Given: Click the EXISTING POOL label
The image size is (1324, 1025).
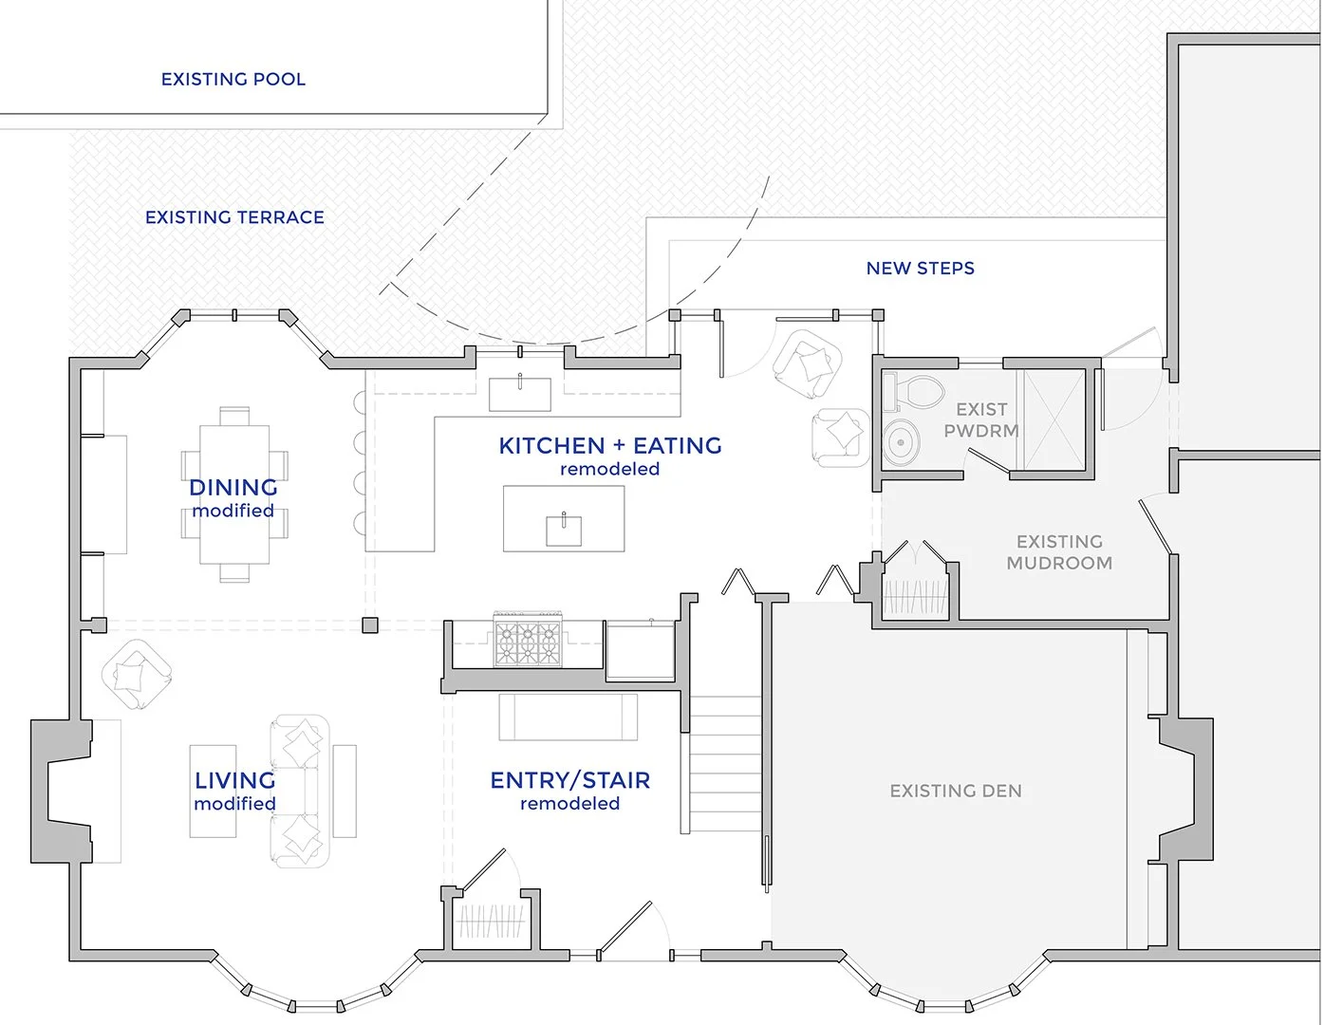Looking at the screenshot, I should point(233,80).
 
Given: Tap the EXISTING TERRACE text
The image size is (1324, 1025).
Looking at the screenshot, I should point(234,217).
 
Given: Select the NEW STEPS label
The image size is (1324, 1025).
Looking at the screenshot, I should point(920,269).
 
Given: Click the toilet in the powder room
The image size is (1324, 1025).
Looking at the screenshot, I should point(917,391).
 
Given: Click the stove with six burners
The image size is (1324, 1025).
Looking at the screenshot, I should point(527,640).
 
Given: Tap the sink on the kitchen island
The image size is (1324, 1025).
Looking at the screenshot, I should point(564,529).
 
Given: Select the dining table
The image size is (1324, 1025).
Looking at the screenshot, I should point(234,494).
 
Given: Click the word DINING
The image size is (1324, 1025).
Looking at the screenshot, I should point(233,488).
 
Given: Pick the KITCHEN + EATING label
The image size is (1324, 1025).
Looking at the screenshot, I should point(610,446).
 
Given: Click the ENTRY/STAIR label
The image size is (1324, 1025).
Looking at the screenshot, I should point(570,781).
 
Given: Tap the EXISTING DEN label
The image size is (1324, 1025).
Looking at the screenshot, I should point(956,791).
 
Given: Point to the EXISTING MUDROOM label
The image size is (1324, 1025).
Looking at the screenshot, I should point(1059,552).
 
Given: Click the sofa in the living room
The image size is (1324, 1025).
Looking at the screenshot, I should point(300,791).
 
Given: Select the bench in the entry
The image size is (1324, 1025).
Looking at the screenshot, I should point(569,717).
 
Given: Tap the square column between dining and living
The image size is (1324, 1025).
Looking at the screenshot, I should point(370,624).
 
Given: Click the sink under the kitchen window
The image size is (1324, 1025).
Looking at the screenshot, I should point(520,393).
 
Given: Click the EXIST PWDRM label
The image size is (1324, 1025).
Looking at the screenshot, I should point(981,419).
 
